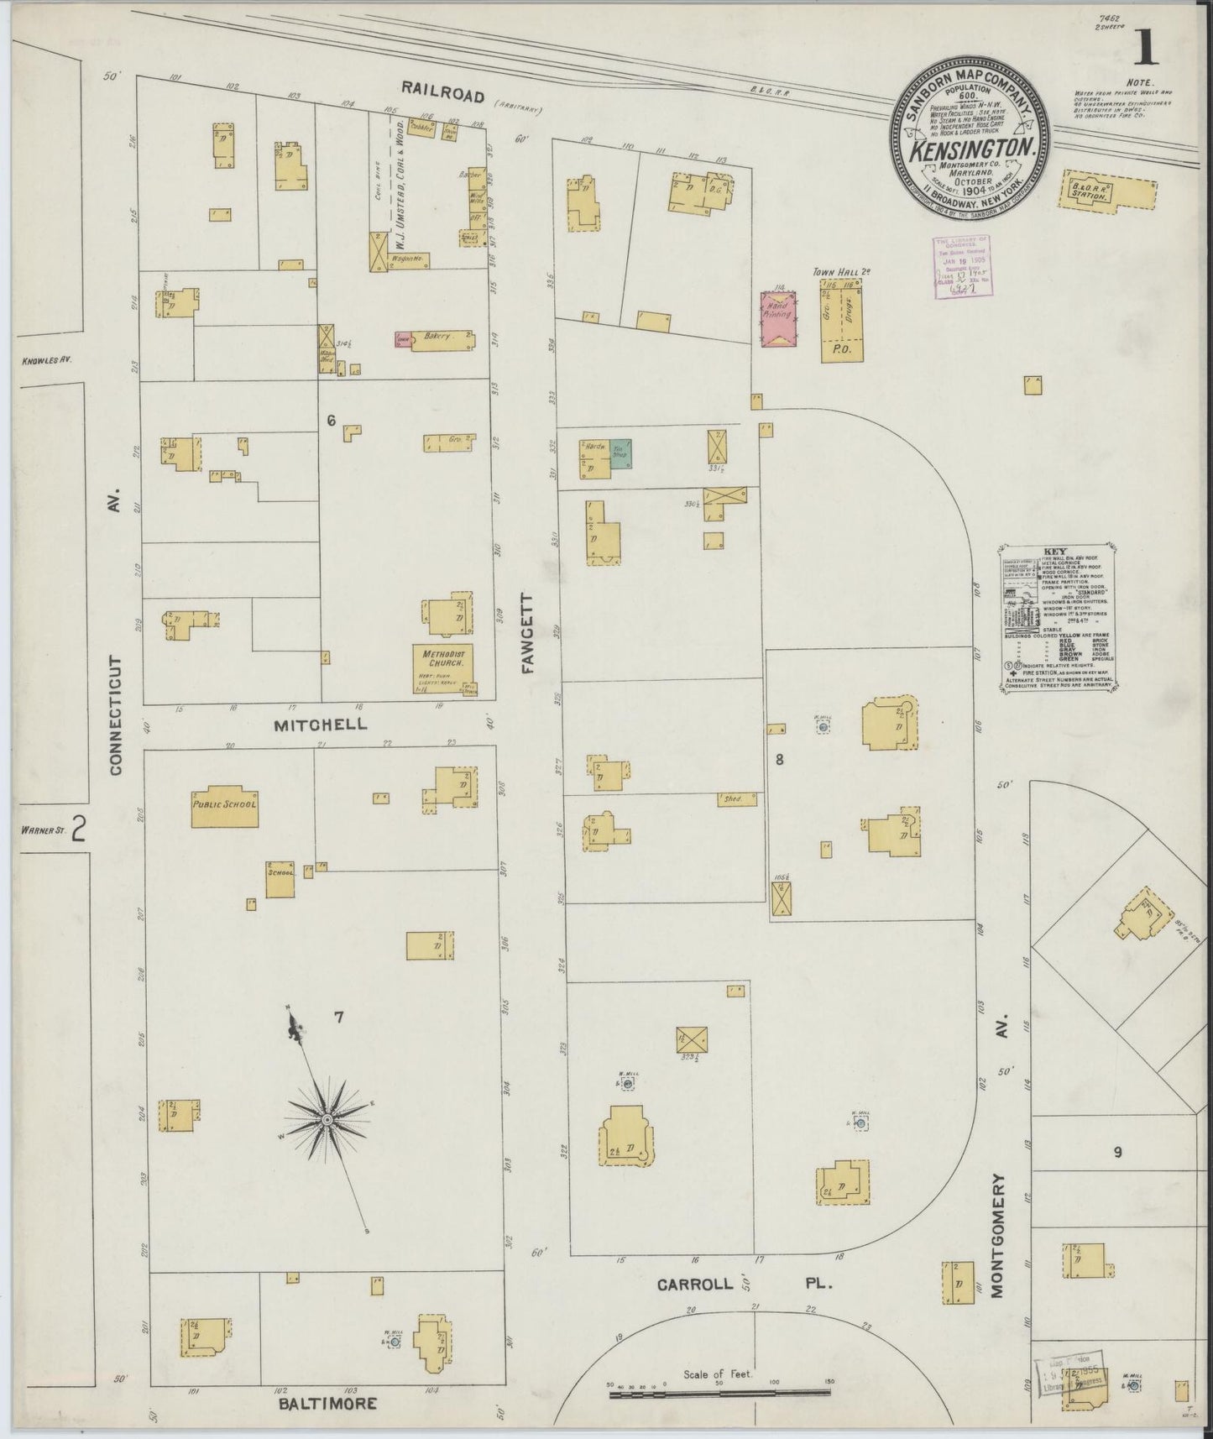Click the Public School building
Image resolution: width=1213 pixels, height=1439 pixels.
[x=224, y=808]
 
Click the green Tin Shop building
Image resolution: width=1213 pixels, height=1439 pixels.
[x=620, y=453]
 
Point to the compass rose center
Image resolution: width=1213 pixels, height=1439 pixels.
[x=326, y=1120]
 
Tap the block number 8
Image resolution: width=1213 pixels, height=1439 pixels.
[x=779, y=760]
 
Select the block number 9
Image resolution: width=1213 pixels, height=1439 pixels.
[x=1117, y=1153]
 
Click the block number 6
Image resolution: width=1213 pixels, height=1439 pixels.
[x=331, y=421]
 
